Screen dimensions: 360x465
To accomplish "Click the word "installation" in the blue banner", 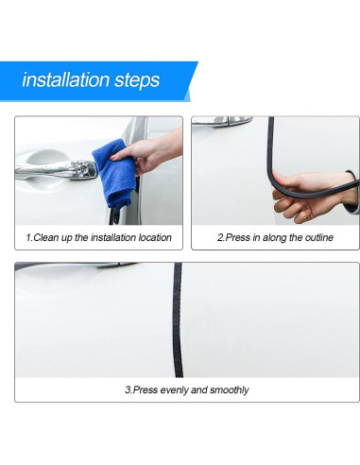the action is click(65, 79).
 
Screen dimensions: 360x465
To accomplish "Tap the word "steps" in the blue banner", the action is click(137, 80).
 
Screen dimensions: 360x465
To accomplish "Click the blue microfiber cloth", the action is click(115, 174).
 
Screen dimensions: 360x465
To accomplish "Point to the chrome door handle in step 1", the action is click(56, 170).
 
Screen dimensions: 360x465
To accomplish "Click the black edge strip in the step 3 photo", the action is click(178, 319).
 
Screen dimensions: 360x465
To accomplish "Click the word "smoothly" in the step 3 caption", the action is click(230, 390).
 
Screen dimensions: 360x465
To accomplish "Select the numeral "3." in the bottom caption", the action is click(129, 390).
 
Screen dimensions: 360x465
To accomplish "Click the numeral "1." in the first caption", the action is click(29, 237).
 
